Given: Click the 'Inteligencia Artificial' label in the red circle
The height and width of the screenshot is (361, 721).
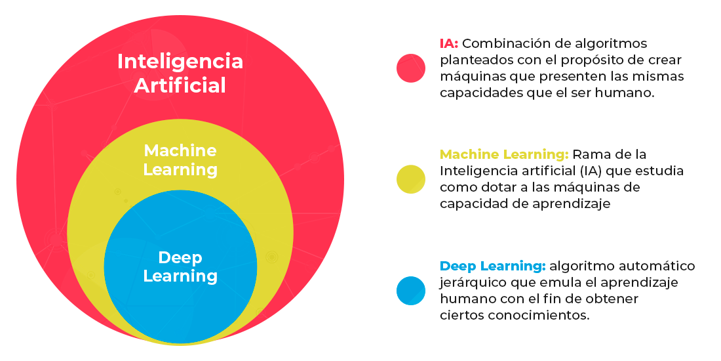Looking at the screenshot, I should [180, 73].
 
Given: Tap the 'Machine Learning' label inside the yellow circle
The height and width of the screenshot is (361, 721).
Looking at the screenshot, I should [180, 160].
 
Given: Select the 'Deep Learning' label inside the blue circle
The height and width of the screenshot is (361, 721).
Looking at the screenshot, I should [180, 266].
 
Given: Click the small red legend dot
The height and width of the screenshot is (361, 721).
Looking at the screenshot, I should [411, 68].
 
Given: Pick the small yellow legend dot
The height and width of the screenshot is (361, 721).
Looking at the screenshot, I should [411, 179].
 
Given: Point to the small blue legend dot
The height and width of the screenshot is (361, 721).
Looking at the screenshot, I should [411, 291].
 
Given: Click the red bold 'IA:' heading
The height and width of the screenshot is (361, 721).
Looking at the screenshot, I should [449, 44].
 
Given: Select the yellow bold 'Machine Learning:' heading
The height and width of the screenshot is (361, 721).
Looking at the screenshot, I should [504, 155].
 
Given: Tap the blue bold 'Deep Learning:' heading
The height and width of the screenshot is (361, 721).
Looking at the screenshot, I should [492, 266].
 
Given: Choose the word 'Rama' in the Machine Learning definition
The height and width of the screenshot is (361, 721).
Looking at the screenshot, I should [587, 155].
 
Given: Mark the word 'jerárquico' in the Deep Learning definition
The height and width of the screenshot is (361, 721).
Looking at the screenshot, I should [469, 283].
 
